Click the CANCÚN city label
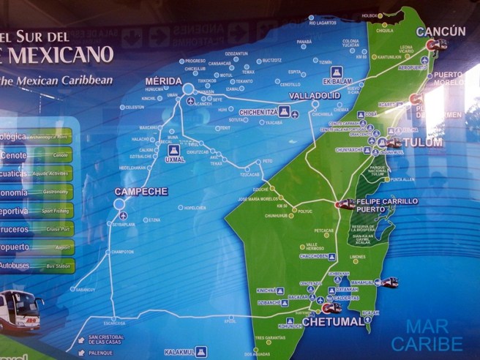pos(440,31)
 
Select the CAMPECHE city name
pos(140,192)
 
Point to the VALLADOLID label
pos(315,96)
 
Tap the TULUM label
pos(427,143)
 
